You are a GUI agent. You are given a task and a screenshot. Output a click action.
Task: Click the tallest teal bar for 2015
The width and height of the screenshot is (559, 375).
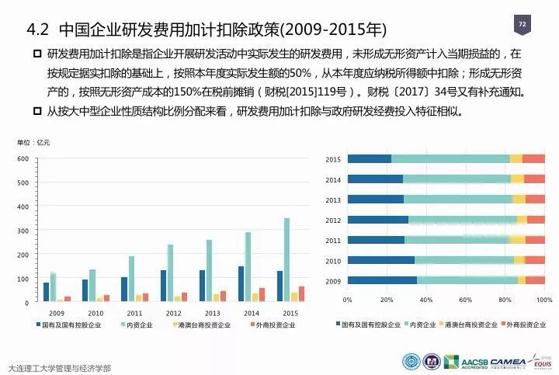pos(286,259)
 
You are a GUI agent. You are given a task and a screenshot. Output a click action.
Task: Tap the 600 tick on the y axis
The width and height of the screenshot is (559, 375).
pos(23,159)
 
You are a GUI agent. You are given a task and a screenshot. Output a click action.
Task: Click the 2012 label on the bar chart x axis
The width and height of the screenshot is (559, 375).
pos(174,313)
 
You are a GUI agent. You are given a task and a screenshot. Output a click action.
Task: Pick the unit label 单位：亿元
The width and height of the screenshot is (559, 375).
pos(33,143)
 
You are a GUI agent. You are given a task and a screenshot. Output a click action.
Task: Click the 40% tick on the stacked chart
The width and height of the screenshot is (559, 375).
pos(425,299)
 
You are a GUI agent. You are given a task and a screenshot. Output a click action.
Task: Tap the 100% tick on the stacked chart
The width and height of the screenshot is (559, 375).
pos(544,299)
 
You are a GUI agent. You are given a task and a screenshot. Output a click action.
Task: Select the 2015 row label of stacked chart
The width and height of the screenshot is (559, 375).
pos(333,159)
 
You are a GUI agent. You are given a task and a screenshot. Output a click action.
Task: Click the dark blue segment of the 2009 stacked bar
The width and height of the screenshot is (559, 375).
pos(381,280)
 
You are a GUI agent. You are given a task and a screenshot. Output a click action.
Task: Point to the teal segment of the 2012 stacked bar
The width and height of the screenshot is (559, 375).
pos(462,220)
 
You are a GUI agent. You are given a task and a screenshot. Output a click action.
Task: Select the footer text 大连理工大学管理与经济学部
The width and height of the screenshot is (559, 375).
pos(58,367)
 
